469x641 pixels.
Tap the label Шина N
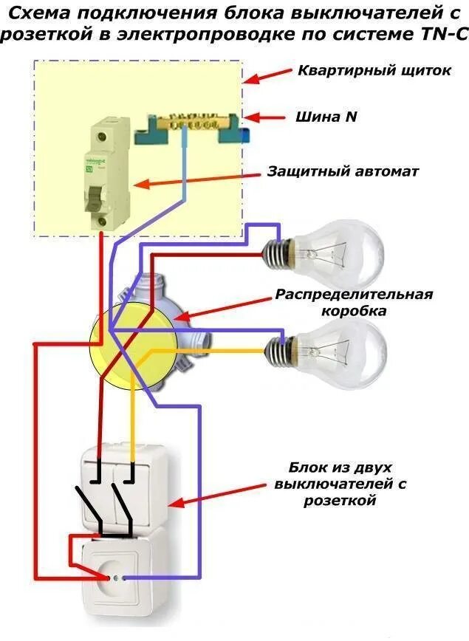click(327, 117)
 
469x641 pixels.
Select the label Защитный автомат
click(343, 171)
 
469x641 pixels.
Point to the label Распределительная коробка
click(353, 303)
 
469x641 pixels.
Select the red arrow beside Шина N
click(264, 117)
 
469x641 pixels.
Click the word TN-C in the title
click(445, 34)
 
